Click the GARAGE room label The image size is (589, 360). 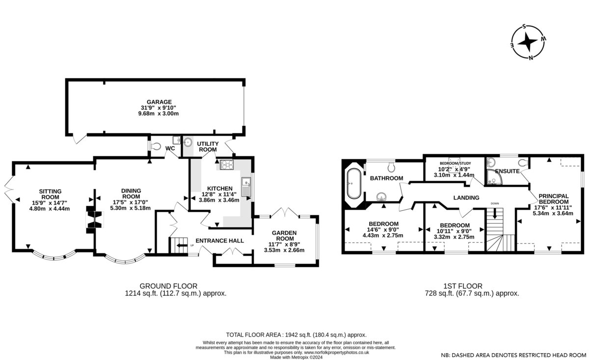159,102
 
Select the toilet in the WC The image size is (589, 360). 156,146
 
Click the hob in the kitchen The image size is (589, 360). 227,165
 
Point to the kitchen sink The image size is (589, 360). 246,187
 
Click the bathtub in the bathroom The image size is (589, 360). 354,184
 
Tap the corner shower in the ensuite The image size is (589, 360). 494,177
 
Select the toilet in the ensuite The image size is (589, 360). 523,163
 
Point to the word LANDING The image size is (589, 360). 466,197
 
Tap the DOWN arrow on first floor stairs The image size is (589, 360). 495,214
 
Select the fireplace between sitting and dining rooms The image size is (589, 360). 94,220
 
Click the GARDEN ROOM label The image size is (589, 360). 284,236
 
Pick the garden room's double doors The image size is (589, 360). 285,212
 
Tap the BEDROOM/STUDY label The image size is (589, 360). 455,164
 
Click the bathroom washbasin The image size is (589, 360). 381,196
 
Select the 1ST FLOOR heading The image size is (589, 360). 463,286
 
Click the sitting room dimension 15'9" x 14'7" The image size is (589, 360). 50,203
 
